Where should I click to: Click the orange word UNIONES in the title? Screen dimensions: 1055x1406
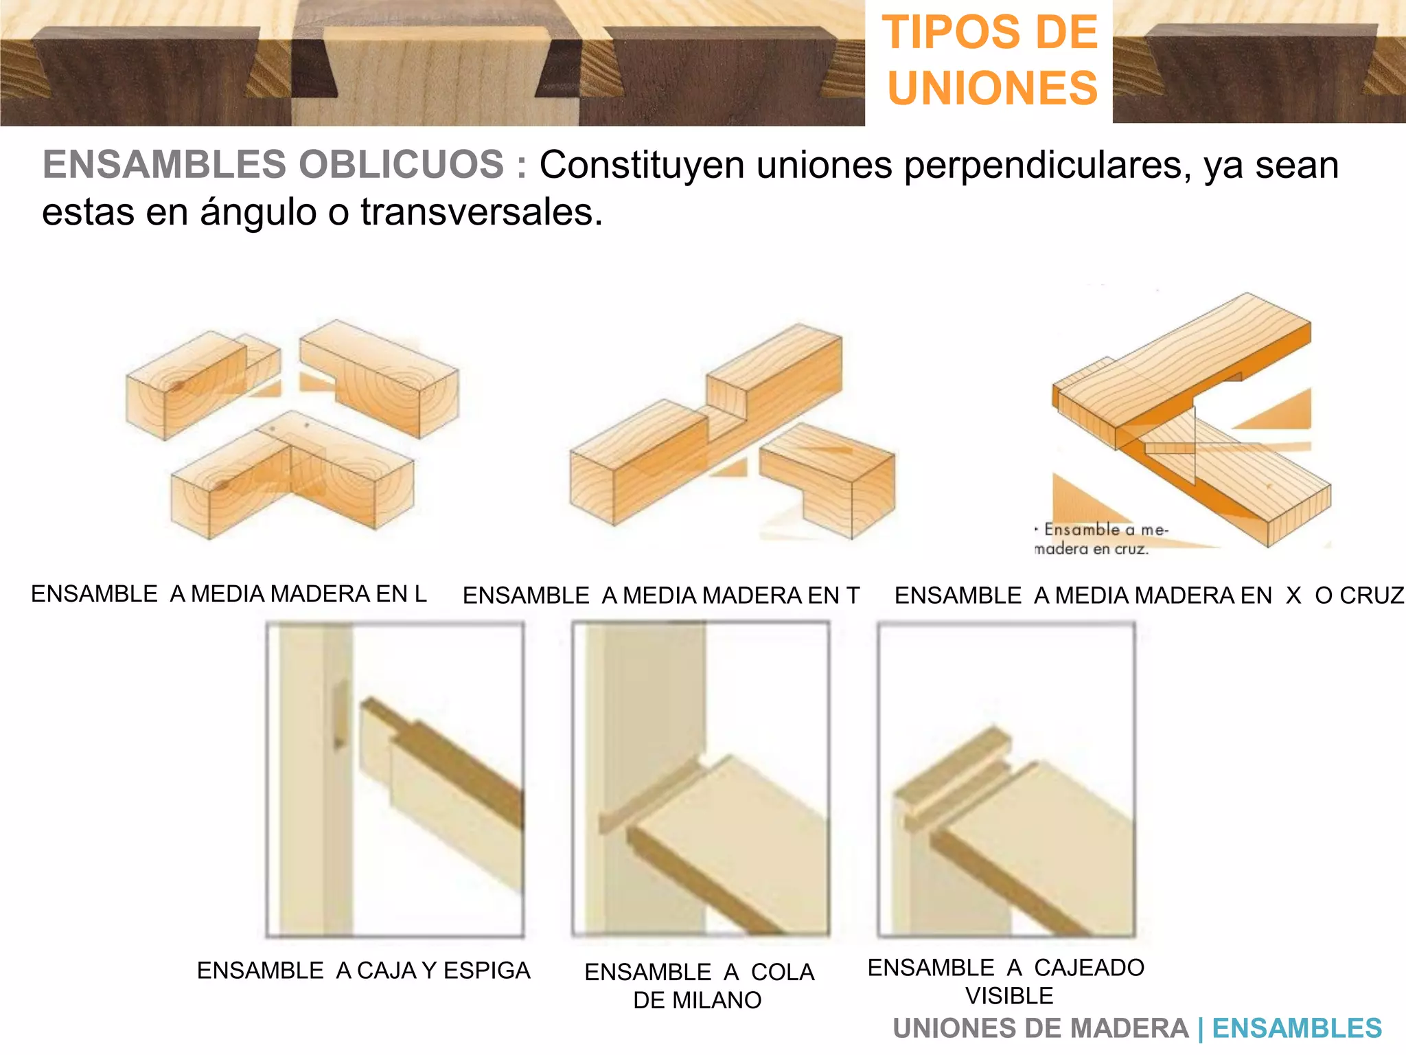click(x=992, y=88)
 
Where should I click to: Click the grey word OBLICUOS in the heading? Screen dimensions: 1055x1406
click(x=401, y=165)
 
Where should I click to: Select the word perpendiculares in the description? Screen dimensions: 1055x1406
click(x=1044, y=166)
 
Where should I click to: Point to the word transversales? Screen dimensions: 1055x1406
click(x=481, y=212)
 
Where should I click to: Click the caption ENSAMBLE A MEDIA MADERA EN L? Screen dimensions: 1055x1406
click(x=229, y=593)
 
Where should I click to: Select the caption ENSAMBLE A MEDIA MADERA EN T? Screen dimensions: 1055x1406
click(x=660, y=595)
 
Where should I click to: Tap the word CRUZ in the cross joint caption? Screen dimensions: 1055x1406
click(x=1359, y=595)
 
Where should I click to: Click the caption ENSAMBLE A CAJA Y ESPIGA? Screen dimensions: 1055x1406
click(x=363, y=970)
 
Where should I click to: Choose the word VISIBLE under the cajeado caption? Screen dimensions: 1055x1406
click(x=1009, y=995)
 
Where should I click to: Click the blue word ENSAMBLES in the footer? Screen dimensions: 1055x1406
click(x=1296, y=1028)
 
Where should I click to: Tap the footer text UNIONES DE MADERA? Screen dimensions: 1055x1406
click(x=1040, y=1028)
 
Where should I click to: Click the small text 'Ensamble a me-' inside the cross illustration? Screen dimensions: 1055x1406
click(x=1104, y=530)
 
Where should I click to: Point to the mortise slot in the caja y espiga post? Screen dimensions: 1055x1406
click(x=340, y=714)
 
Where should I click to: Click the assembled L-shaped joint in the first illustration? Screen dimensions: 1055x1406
click(x=292, y=474)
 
